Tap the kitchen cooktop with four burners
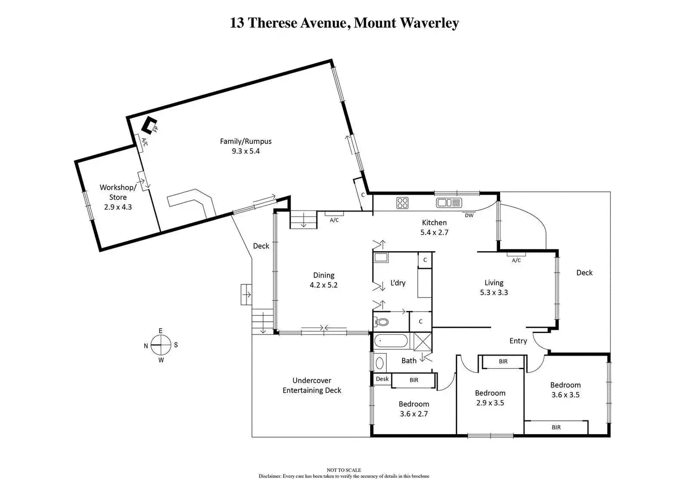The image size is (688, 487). tap(402, 203)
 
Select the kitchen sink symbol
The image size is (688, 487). tap(449, 203)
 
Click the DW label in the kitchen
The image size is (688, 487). tap(469, 216)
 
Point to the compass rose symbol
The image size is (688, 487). tap(161, 345)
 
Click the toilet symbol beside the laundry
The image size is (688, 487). tap(381, 322)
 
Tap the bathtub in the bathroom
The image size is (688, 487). tap(391, 341)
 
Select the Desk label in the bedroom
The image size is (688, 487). tap(382, 379)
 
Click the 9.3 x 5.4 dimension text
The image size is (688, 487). tap(246, 151)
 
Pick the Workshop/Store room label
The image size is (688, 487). tap(118, 192)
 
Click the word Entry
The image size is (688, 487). tap(518, 341)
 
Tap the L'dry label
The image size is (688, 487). tap(398, 283)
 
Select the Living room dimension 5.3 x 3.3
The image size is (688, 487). tap(494, 292)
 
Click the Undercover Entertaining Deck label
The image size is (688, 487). tap(312, 385)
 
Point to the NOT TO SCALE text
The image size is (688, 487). tap(344, 470)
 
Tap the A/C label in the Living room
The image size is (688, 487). tap(516, 260)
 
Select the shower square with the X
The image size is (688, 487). tap(423, 342)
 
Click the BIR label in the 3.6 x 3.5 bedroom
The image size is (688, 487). tap(556, 428)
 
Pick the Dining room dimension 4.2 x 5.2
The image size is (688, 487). tap(323, 285)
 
